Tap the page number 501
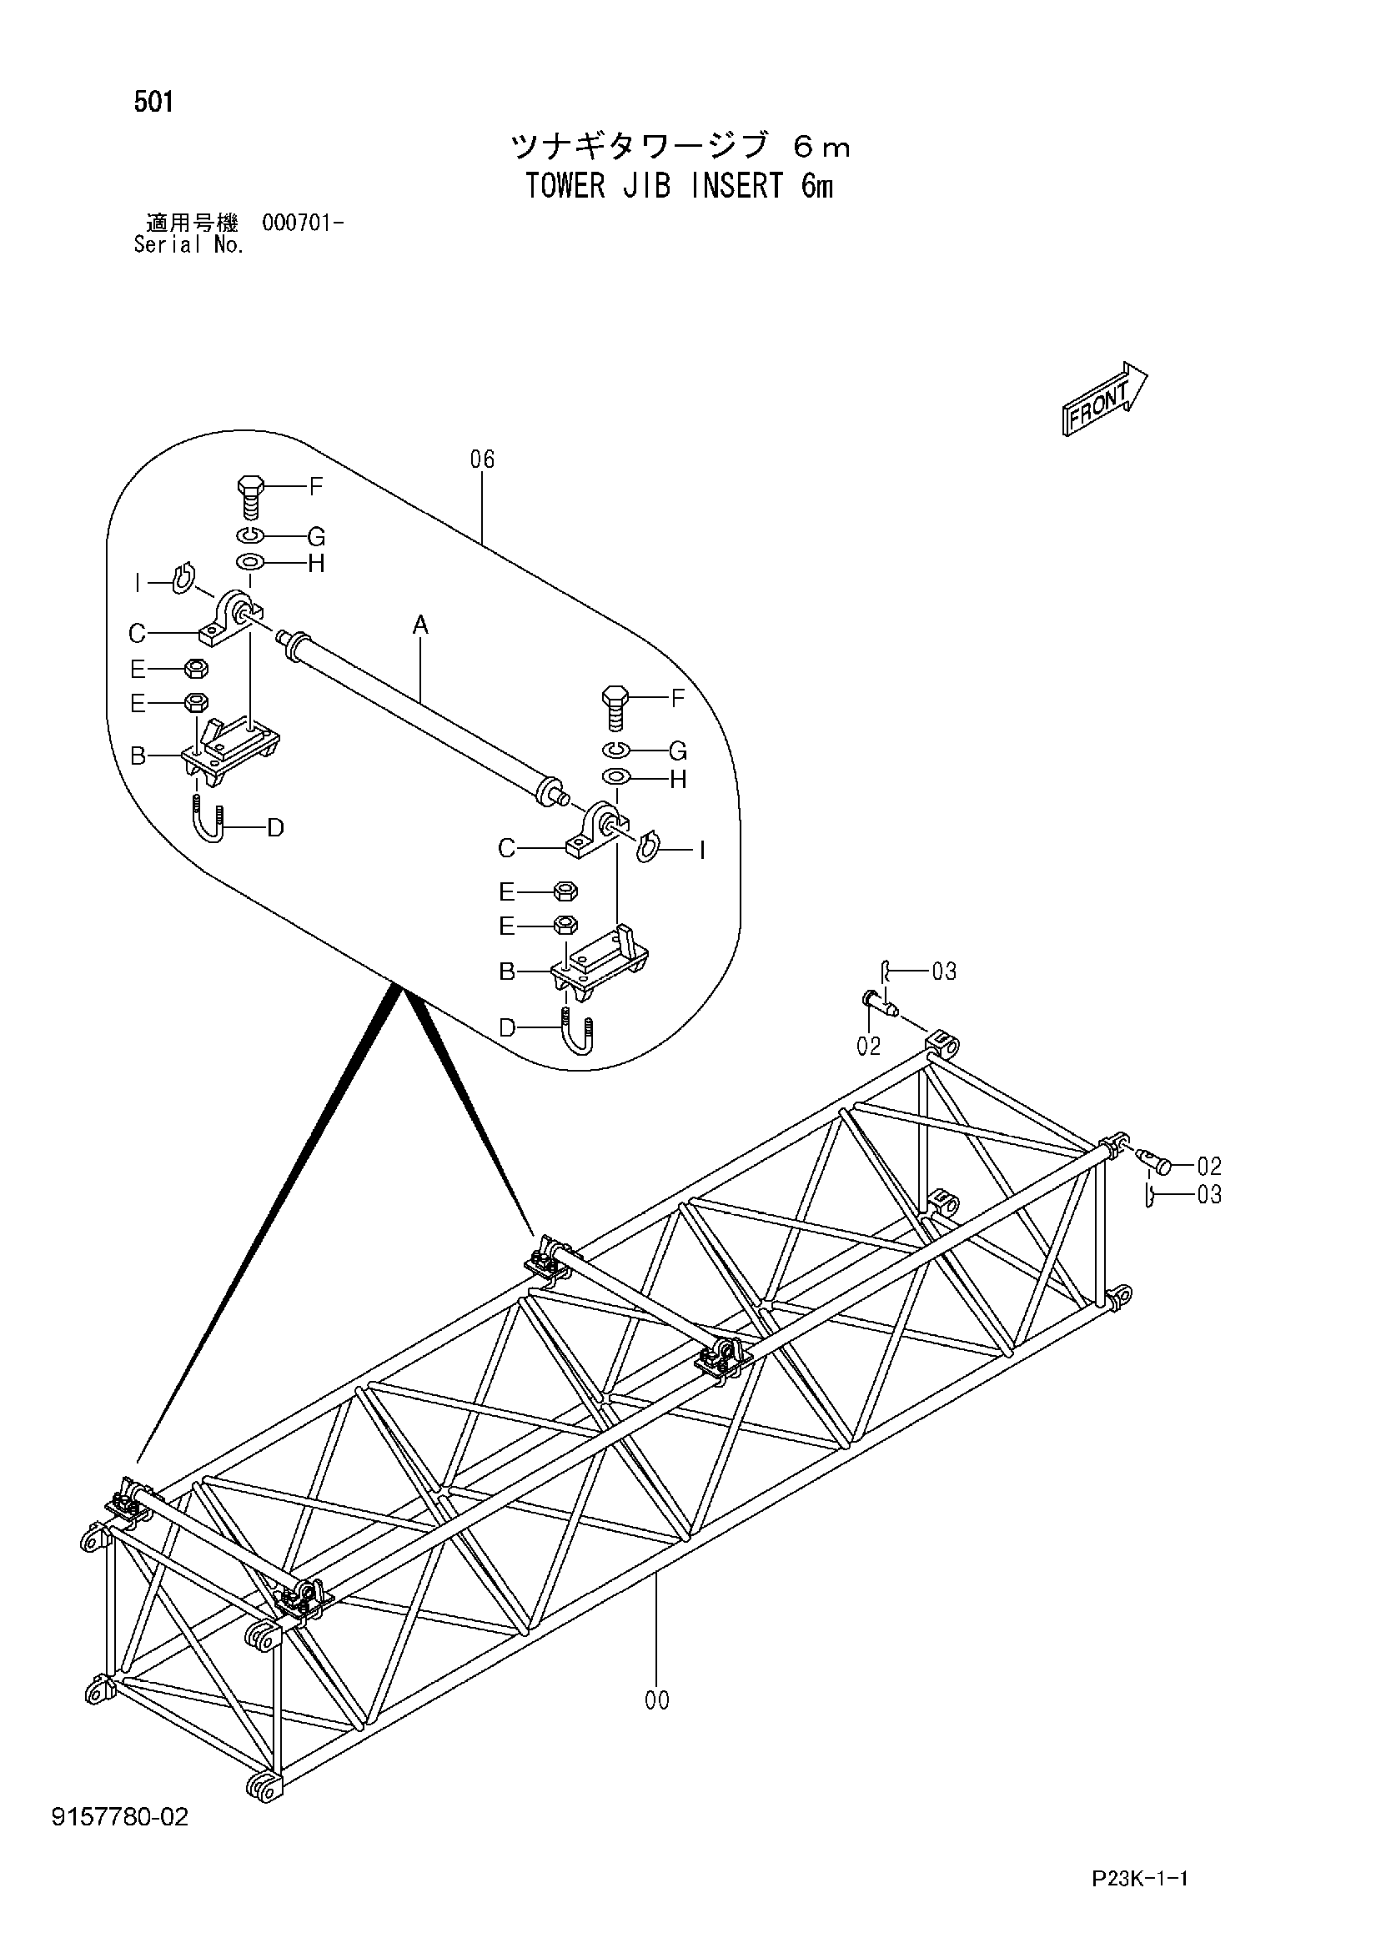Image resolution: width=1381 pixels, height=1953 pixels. pos(153,103)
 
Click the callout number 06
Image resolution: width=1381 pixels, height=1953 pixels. pos(483,460)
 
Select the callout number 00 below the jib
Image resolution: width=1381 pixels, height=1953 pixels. pos(657,1700)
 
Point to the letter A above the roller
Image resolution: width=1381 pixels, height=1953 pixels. pos(420,626)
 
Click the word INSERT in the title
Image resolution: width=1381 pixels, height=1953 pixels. pos(737,186)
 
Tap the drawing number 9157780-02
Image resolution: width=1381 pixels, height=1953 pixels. pos(120,1818)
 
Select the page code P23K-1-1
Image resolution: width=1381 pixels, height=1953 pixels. pos(1139,1897)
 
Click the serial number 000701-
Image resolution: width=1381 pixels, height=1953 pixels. pos(303,223)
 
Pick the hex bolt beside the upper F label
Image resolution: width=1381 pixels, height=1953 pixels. pos(249,497)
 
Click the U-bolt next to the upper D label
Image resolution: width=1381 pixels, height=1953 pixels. pos(209,818)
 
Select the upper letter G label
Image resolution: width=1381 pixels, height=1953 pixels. pos(316,538)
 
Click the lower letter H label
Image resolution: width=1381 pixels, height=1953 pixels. pos(678,780)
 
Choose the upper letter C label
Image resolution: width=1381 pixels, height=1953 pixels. pos(137,634)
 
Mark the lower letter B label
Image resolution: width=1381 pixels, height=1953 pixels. pos(507,971)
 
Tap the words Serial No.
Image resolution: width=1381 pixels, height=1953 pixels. pos(189,246)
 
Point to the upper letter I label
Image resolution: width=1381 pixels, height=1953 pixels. pos(137,584)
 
